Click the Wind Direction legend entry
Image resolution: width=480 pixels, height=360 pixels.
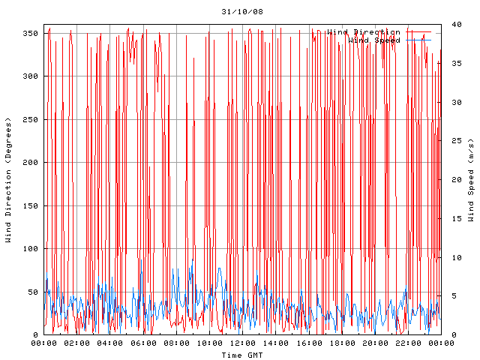[x=364, y=31]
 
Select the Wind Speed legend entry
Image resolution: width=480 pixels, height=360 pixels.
[x=373, y=40]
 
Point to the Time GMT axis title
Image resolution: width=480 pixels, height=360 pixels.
[x=241, y=355]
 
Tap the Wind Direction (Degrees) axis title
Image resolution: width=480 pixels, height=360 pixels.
[x=8, y=180]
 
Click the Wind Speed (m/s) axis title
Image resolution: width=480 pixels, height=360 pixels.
[x=471, y=180]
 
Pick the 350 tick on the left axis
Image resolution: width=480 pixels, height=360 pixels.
[x=30, y=34]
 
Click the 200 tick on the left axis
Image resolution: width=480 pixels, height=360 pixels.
[x=30, y=163]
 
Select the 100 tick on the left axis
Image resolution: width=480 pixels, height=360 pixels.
[x=30, y=249]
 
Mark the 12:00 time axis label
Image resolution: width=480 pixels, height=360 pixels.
[x=242, y=343]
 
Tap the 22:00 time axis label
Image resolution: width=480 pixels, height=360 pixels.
[x=407, y=343]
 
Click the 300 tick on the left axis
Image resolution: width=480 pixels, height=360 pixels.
[x=30, y=76]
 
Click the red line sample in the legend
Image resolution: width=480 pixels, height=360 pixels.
[x=419, y=31]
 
